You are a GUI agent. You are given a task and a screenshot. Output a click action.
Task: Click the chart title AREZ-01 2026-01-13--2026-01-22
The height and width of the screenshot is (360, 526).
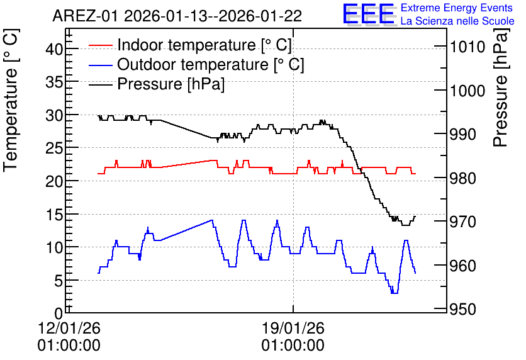click(x=177, y=16)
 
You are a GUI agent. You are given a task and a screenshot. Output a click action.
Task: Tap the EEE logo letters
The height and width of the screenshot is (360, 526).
click(x=369, y=14)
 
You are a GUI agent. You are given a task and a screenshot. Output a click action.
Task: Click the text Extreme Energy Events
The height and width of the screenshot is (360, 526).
click(x=457, y=8)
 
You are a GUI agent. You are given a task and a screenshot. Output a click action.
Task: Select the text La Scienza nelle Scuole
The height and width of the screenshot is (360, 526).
click(x=457, y=21)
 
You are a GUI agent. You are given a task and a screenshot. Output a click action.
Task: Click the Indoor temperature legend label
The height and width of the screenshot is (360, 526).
click(x=204, y=45)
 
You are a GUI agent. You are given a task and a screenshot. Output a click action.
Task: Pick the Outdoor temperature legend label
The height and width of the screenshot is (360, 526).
click(x=210, y=64)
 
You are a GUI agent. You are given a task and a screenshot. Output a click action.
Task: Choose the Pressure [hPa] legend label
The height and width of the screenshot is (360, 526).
click(x=171, y=84)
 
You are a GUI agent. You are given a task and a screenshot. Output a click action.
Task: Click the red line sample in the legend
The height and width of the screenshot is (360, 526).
click(x=100, y=45)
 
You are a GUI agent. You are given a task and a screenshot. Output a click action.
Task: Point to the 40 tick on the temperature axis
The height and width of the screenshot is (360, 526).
click(x=54, y=49)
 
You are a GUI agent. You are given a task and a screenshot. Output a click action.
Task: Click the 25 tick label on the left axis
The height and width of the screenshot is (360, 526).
click(x=54, y=148)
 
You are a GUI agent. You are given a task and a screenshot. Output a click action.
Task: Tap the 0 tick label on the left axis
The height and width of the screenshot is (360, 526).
click(x=59, y=313)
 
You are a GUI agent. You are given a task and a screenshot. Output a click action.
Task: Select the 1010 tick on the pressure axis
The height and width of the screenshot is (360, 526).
click(x=467, y=47)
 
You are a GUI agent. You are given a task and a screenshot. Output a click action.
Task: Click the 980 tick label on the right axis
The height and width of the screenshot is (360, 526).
click(x=462, y=178)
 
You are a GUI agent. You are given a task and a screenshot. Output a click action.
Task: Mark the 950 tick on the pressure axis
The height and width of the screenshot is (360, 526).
click(x=462, y=310)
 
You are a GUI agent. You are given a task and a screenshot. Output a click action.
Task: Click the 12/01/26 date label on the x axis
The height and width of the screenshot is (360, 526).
click(x=69, y=328)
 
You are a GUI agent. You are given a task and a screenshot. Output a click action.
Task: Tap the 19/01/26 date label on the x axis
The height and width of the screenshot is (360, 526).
click(x=293, y=328)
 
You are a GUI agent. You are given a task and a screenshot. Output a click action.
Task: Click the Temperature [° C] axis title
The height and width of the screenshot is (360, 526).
click(x=11, y=100)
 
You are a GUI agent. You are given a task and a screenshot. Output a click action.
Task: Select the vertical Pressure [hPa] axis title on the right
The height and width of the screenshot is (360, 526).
click(x=501, y=87)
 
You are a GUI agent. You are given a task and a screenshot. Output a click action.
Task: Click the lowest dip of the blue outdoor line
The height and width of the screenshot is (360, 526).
click(x=394, y=293)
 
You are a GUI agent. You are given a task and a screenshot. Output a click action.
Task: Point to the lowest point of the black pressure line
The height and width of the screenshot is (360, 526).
click(x=406, y=225)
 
